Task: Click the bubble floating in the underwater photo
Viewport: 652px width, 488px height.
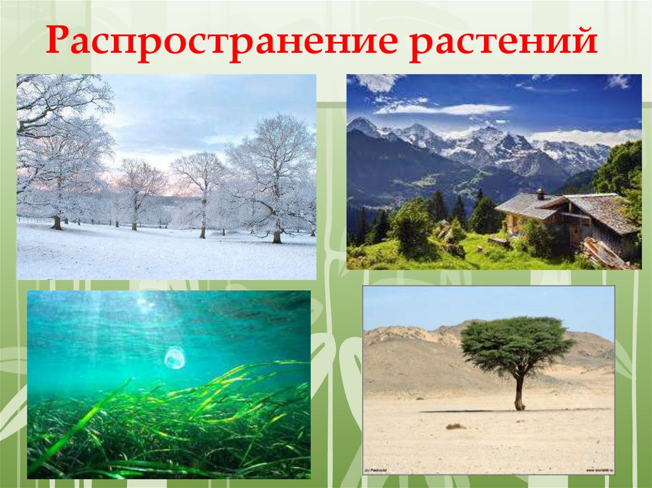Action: click(174, 358)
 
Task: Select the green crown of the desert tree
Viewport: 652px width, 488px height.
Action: click(516, 344)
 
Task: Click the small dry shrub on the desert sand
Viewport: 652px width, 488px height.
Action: click(454, 426)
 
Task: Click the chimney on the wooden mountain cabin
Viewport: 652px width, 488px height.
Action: click(540, 193)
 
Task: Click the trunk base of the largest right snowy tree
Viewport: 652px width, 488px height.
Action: click(276, 237)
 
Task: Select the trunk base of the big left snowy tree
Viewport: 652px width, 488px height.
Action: click(57, 223)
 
